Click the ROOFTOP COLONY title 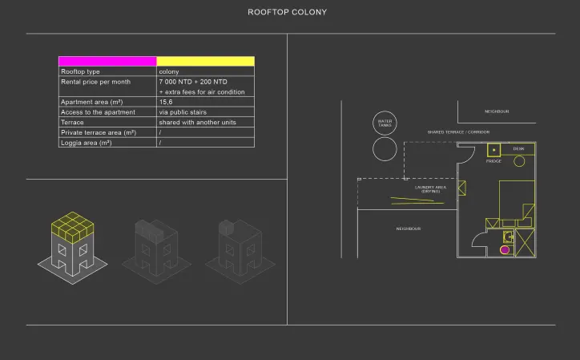click(x=288, y=13)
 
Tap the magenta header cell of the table click(x=107, y=61)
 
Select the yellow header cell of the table click(x=205, y=61)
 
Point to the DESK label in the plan click(x=518, y=148)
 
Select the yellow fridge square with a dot click(x=494, y=149)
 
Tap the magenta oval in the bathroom click(x=505, y=249)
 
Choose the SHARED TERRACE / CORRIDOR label click(x=458, y=131)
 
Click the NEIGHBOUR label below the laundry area click(x=409, y=229)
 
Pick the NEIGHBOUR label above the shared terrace click(x=497, y=111)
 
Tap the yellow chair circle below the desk click(x=519, y=160)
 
